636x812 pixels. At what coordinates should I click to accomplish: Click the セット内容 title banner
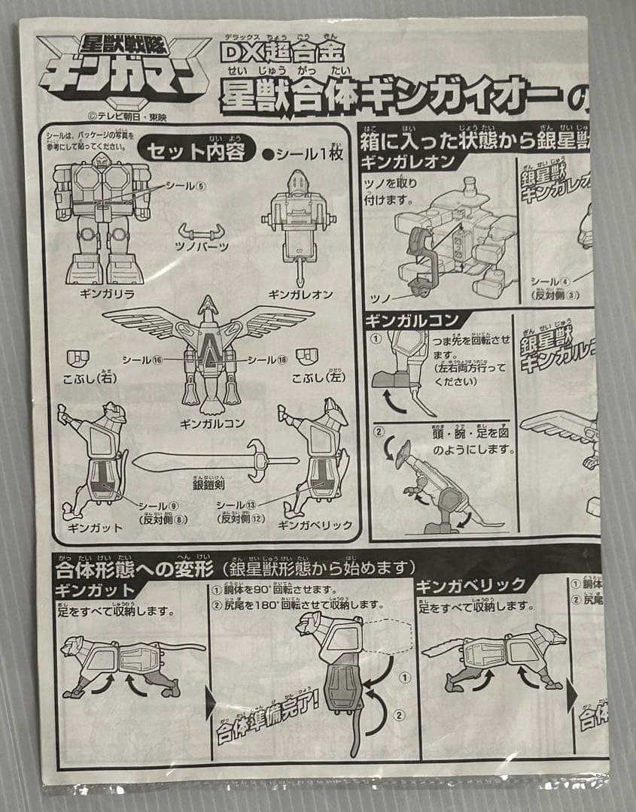[x=198, y=150]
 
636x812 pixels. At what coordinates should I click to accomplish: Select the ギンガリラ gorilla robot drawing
[x=102, y=218]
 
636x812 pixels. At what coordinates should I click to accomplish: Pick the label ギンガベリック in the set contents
[x=315, y=525]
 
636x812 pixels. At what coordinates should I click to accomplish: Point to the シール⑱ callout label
[x=267, y=360]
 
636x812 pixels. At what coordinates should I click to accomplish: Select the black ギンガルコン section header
[x=412, y=320]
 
